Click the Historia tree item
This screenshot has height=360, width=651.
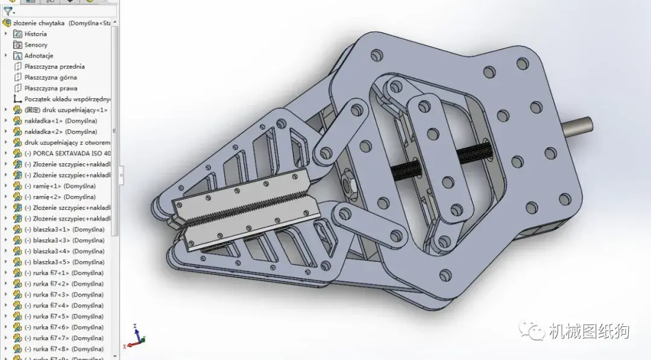click(35, 34)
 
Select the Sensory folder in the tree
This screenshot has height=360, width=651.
click(36, 45)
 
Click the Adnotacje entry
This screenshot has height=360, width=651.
click(39, 55)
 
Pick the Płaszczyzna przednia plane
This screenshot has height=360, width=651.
click(54, 66)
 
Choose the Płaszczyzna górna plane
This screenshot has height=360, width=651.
click(51, 77)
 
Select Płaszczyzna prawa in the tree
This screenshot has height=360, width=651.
click(51, 88)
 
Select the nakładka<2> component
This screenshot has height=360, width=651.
click(60, 131)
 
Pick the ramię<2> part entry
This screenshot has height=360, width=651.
click(60, 197)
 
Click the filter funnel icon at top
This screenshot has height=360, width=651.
click(7, 11)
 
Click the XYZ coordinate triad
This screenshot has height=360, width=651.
click(136, 337)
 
